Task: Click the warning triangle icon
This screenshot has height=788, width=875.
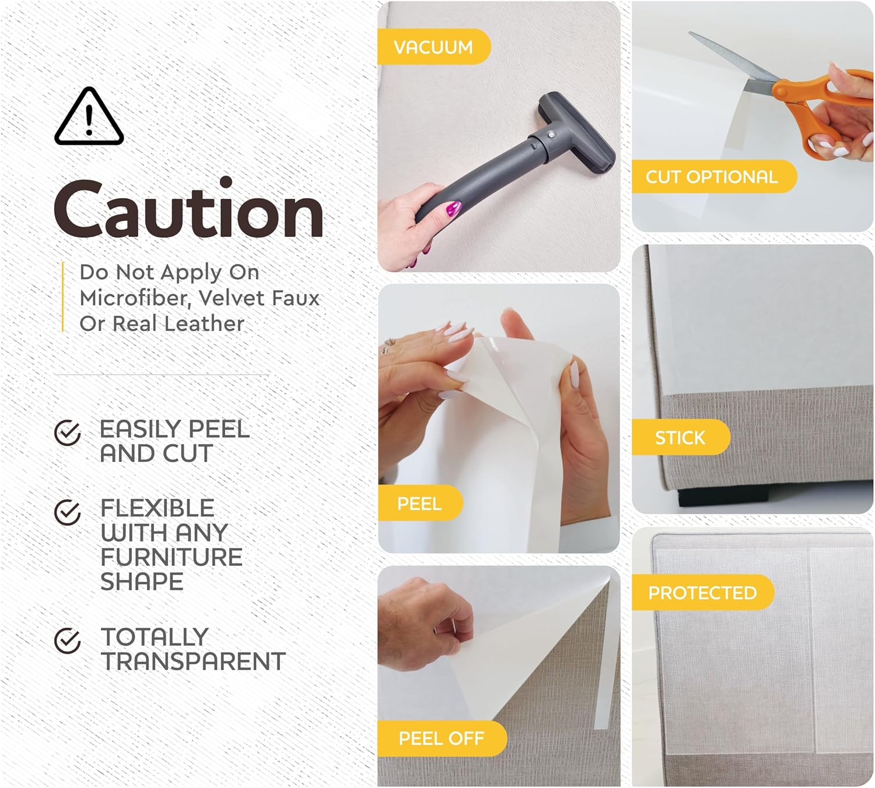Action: pos(89,117)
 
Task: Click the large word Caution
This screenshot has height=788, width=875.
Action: pos(188,210)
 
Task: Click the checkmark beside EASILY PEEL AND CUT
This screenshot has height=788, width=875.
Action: pos(67,433)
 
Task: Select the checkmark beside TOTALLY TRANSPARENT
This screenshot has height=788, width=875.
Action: pos(67,641)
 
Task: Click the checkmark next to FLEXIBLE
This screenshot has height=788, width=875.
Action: pos(67,512)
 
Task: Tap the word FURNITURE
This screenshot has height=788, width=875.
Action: pos(171,557)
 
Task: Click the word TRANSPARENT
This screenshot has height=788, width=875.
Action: pos(193,662)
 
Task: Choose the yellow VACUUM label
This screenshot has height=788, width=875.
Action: pos(433,47)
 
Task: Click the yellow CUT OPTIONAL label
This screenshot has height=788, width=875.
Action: pos(712,177)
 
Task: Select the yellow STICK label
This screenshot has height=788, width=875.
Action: pos(680,437)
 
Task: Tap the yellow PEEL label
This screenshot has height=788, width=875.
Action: pos(419,503)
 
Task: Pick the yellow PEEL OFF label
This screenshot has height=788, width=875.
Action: pos(441,738)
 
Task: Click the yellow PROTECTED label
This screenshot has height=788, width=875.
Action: pos(702,593)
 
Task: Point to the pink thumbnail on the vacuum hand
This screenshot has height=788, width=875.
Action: pos(452,208)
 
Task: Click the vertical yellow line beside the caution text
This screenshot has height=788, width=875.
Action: pos(63,297)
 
